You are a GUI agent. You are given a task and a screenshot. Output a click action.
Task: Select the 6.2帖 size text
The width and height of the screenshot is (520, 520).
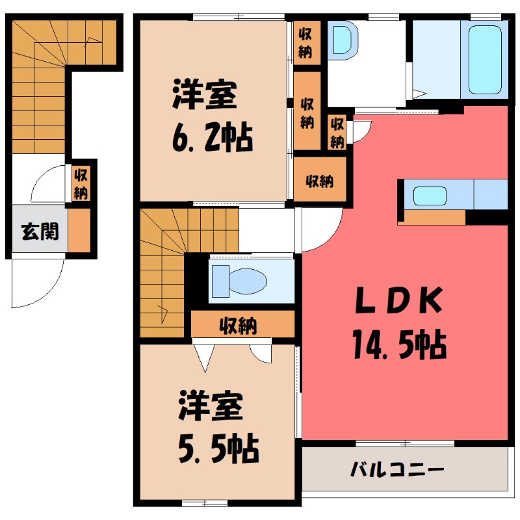(x=212, y=136)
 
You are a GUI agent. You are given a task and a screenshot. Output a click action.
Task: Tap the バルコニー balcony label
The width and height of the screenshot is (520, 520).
(x=398, y=468)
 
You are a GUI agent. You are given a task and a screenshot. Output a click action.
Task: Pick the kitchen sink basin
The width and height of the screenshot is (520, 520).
(x=430, y=195)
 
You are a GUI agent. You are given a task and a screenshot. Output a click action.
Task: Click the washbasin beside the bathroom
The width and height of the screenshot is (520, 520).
(x=342, y=40)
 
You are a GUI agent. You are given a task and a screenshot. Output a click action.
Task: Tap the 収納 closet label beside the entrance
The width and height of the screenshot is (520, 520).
(x=81, y=183)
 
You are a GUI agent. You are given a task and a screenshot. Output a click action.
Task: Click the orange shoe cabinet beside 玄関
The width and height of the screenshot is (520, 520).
(x=79, y=231)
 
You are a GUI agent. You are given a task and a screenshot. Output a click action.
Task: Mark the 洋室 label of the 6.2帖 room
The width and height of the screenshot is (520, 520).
(x=205, y=96)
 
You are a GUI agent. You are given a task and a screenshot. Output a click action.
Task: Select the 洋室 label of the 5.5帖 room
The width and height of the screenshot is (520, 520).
(x=211, y=406)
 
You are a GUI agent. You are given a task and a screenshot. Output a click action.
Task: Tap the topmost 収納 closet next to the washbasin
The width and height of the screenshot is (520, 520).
(x=304, y=42)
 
